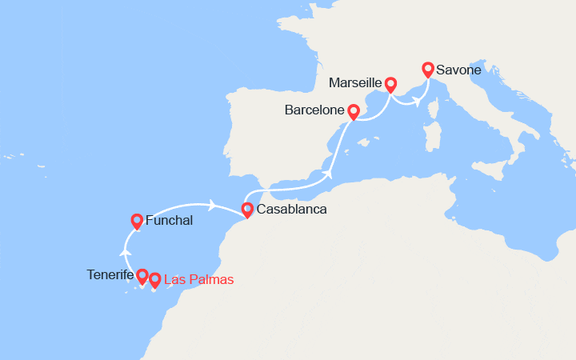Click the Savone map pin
pyautogui.click(x=428, y=70)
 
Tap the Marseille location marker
pyautogui.click(x=390, y=83)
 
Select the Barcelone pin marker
pyautogui.click(x=354, y=110)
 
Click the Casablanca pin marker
pyautogui.click(x=247, y=210)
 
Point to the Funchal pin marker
pyautogui.click(x=137, y=221)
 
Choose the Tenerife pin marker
pyautogui.click(x=142, y=276)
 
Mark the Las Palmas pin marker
pyautogui.click(x=154, y=280)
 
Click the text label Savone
pyautogui.click(x=459, y=70)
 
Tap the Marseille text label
pyautogui.click(x=355, y=83)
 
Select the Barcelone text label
pyautogui.click(x=314, y=110)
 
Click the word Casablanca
pyautogui.click(x=292, y=210)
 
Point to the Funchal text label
pyautogui.click(x=170, y=221)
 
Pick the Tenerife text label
pyautogui.click(x=110, y=275)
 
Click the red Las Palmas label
pyautogui.click(x=198, y=280)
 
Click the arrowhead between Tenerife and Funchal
pyautogui.click(x=125, y=253)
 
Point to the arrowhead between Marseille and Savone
pyautogui.click(x=416, y=101)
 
